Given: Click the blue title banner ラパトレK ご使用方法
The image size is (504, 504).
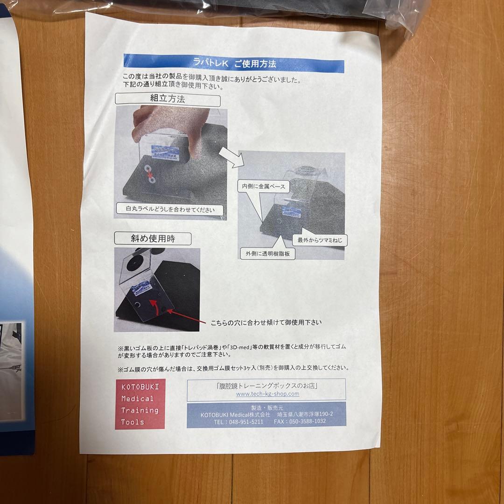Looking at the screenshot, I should tap(233, 63).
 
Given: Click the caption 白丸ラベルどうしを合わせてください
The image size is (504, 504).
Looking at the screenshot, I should tap(170, 209).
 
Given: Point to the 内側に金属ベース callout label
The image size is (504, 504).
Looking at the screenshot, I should tap(264, 186).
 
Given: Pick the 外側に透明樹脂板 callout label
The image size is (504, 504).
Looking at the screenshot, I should tap(268, 253).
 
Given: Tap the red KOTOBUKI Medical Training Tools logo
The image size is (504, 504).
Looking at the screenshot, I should tap(140, 404).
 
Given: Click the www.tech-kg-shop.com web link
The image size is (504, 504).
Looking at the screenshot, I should tap(267, 394).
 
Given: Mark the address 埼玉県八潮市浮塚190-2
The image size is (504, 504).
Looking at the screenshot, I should tap(304, 414).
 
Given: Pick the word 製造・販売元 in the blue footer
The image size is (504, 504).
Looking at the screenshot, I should tap(266, 407).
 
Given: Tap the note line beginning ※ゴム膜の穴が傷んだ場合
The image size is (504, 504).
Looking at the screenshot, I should tap(233, 368).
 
